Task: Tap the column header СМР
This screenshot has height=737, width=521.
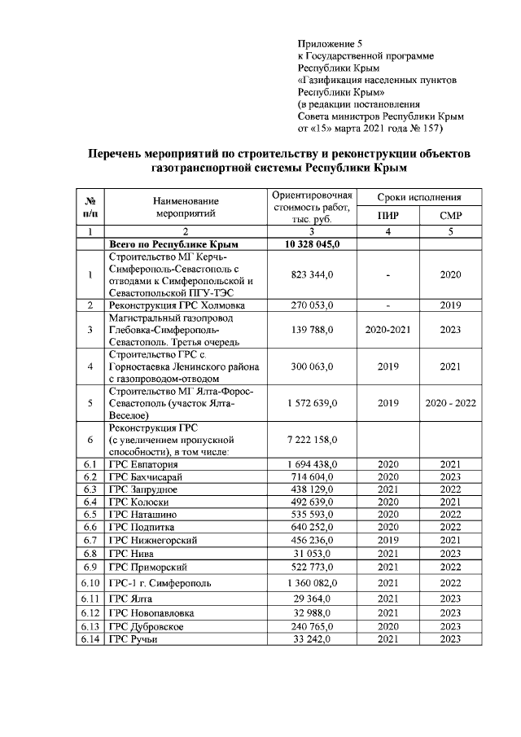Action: tap(450, 215)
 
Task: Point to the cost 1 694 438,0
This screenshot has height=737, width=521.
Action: tap(312, 464)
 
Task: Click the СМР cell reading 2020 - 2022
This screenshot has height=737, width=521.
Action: tap(450, 403)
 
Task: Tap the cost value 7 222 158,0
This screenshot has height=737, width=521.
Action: tap(312, 440)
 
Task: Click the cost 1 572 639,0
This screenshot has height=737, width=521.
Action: tap(312, 403)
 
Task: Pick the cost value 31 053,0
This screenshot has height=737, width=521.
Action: tap(312, 553)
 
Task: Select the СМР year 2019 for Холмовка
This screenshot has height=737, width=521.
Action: tap(450, 305)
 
